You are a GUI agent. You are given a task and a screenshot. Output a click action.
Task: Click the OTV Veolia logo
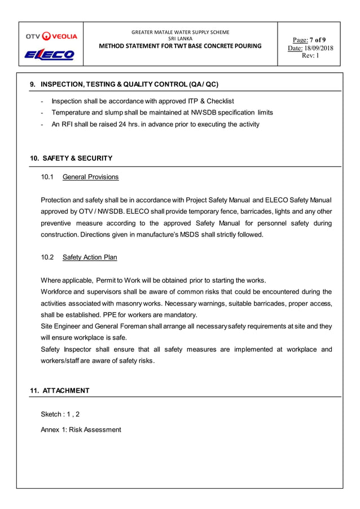[51, 37]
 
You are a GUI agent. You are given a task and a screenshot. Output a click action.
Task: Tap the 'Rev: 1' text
[311, 56]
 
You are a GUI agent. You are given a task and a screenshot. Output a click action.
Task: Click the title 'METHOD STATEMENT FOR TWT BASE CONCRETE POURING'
[180, 46]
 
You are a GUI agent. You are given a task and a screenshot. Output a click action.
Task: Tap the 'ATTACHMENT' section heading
[66, 390]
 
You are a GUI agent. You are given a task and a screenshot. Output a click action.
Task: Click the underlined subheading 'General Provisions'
[90, 177]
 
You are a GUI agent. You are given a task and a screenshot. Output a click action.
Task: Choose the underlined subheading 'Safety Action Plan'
[90, 257]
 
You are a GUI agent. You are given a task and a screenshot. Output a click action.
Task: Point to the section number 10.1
[47, 177]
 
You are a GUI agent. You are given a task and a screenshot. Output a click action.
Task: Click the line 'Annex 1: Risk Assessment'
[81, 429]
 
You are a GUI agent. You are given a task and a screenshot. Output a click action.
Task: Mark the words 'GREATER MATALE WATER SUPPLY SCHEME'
[180, 32]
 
